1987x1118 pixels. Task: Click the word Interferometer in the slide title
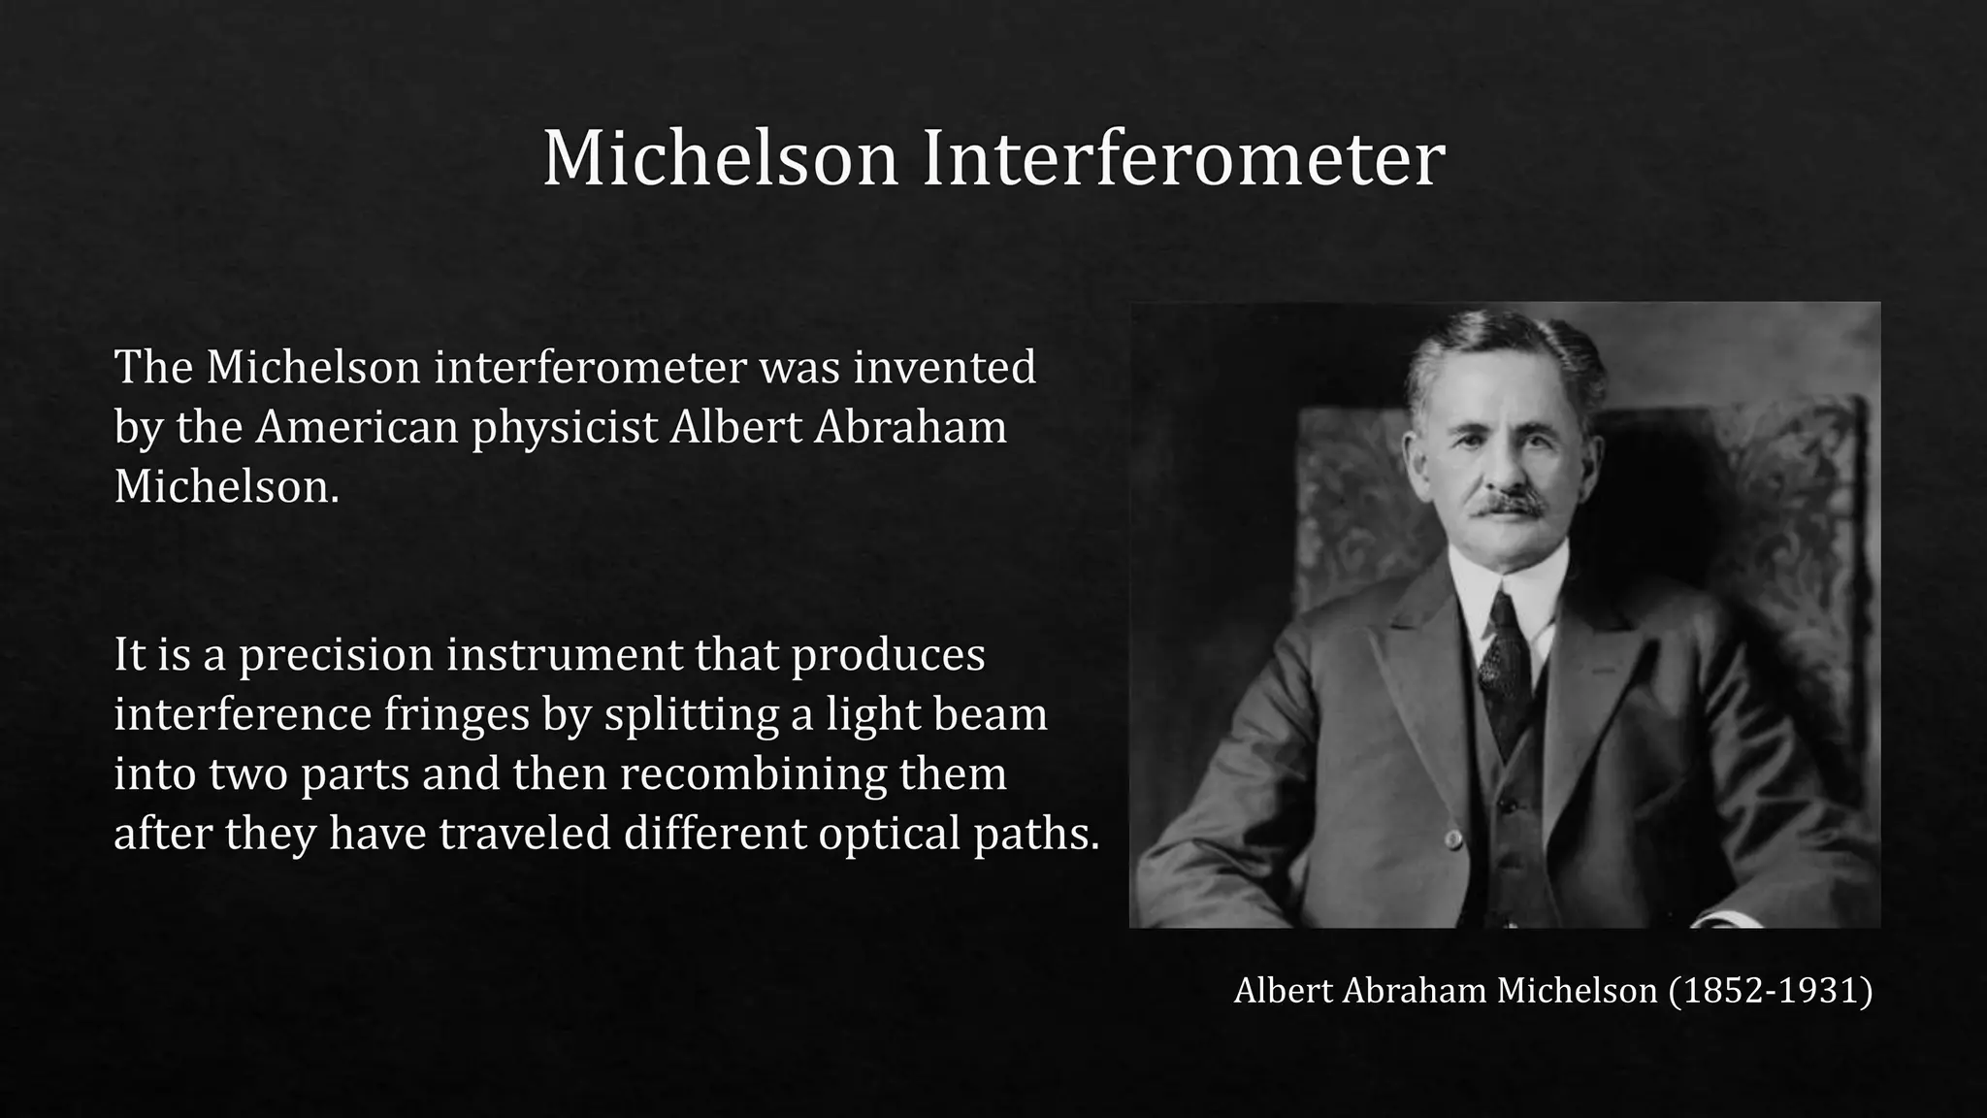1183,158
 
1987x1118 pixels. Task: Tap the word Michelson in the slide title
720,158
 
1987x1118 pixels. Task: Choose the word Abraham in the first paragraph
910,427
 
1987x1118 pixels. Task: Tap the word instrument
565,654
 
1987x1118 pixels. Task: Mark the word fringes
457,714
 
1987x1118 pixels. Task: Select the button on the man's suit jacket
1452,838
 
